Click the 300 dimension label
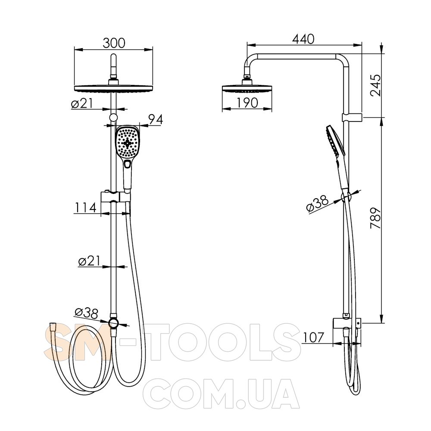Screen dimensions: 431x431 pyautogui.click(x=114, y=43)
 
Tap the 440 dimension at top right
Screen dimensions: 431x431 pyautogui.click(x=303, y=39)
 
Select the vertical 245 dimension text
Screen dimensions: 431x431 pyautogui.click(x=376, y=85)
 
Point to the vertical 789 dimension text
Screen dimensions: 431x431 pyautogui.click(x=376, y=218)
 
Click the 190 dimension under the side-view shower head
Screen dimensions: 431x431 pyautogui.click(x=247, y=103)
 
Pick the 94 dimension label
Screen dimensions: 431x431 pyautogui.click(x=156, y=119)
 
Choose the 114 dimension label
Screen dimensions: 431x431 pyautogui.click(x=85, y=208)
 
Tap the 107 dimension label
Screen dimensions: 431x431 pyautogui.click(x=313, y=337)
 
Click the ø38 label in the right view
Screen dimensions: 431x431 pyautogui.click(x=318, y=204)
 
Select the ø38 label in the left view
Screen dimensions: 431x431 pyautogui.click(x=86, y=313)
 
